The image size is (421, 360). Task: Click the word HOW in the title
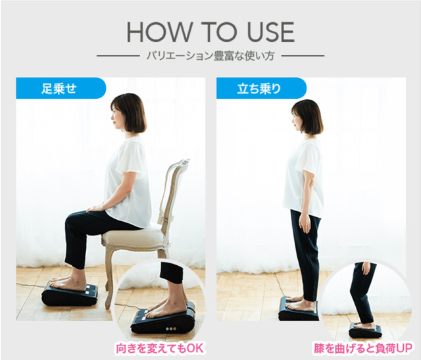159,32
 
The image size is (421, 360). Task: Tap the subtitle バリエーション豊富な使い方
210,56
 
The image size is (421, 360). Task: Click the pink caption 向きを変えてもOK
159,348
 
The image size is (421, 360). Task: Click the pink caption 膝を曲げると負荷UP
362,348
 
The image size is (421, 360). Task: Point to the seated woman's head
129,113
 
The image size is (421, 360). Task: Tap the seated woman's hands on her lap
95,208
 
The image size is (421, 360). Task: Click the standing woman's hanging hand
305,224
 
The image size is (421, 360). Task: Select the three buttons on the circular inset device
171,328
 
